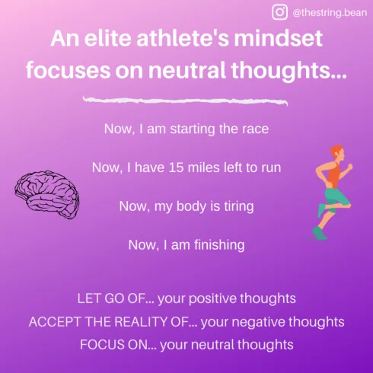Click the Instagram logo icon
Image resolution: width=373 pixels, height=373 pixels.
279,12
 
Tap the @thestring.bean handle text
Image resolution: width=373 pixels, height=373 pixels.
330,13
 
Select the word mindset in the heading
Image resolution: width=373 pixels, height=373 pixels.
278,38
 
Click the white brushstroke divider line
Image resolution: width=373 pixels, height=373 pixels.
185,100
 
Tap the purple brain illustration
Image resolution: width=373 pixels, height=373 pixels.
47,195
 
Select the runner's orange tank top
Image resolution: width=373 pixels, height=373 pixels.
333,175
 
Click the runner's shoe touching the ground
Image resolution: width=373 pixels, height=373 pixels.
319,233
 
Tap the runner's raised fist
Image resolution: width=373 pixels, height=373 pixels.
349,167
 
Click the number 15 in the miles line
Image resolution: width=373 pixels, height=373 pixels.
176,167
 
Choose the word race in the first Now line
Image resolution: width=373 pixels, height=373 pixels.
255,129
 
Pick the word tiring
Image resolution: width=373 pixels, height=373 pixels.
239,206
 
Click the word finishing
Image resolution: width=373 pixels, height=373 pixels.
219,245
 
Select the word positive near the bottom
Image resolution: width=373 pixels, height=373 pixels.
212,298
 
